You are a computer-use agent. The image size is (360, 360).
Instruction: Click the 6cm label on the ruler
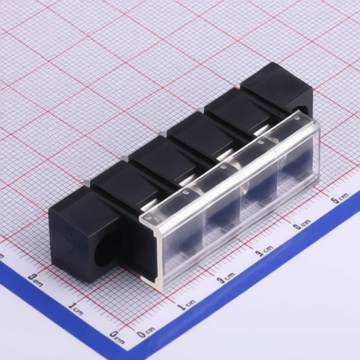point(340,198)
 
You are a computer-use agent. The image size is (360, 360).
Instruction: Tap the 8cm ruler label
point(302,224)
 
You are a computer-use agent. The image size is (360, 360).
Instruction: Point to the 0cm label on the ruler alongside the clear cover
point(146,333)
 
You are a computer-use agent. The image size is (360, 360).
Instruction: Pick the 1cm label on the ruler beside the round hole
point(76,308)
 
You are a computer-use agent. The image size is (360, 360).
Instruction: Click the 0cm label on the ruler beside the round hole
point(117,337)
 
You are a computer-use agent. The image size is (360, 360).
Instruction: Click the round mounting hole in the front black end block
point(107,248)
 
